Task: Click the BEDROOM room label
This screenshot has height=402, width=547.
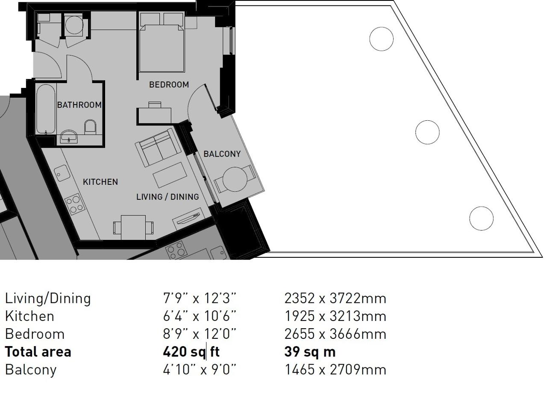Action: tap(169, 84)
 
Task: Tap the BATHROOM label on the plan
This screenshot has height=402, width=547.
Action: tap(79, 105)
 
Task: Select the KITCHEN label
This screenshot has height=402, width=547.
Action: tap(100, 182)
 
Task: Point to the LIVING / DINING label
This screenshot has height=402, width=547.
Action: tap(168, 197)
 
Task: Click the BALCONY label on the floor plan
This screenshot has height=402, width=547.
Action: tap(222, 154)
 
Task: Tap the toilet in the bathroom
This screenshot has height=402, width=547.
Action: tap(90, 126)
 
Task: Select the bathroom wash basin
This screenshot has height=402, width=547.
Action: tap(69, 136)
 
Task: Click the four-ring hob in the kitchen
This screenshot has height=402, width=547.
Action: tap(75, 204)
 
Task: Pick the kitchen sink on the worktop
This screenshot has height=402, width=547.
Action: tap(62, 173)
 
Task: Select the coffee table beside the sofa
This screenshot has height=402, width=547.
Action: tap(170, 175)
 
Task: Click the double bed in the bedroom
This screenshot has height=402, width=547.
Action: tap(162, 48)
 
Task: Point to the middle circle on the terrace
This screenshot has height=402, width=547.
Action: tap(427, 132)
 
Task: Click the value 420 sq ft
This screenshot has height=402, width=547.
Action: tap(191, 352)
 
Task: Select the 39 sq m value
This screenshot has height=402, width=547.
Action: tap(310, 352)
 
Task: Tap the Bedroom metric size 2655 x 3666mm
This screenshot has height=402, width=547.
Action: tap(335, 334)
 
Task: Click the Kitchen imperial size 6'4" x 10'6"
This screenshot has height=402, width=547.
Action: tap(200, 316)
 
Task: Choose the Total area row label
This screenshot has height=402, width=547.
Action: tap(38, 352)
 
